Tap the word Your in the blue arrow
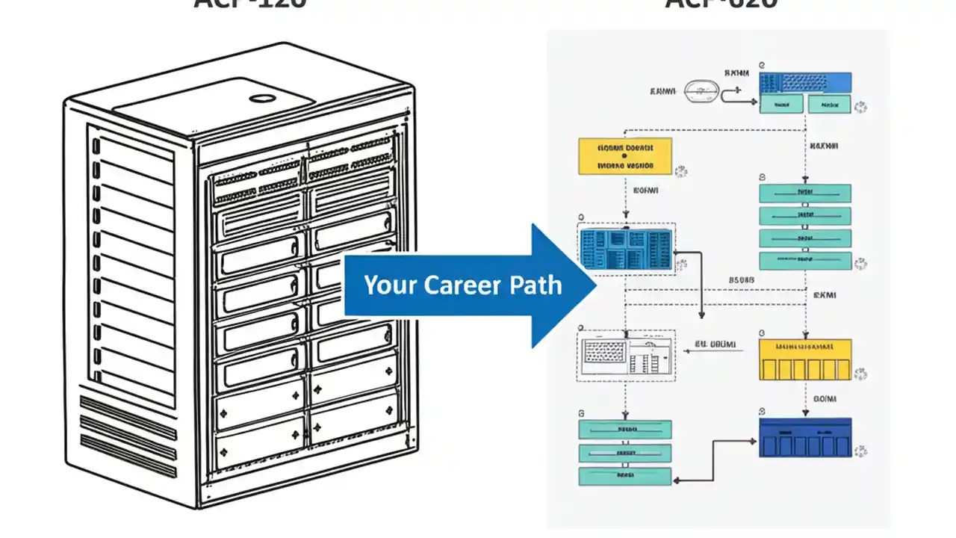click(390, 285)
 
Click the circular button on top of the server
click(262, 98)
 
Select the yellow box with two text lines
click(625, 156)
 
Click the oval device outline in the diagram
click(701, 91)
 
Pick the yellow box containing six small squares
click(805, 360)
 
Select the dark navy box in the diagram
click(805, 438)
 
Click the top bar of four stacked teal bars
click(805, 194)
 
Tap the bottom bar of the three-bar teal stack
click(625, 475)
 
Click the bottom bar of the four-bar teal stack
click(805, 261)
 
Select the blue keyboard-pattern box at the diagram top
click(805, 82)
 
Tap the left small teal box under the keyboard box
click(781, 105)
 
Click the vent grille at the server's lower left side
click(128, 436)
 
